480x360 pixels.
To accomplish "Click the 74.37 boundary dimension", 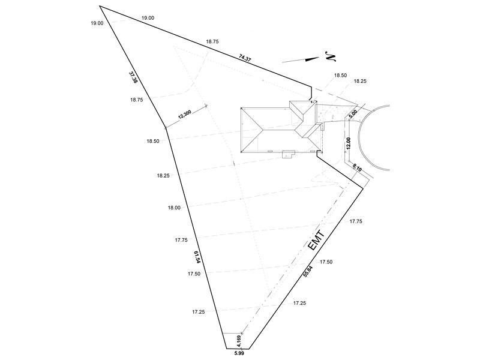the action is click(x=245, y=58).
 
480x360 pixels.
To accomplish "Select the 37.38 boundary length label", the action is click(x=133, y=77).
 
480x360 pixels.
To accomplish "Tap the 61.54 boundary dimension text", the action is click(x=197, y=257).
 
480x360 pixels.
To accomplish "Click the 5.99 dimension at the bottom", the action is click(x=239, y=353).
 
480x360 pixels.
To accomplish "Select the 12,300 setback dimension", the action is click(x=185, y=114).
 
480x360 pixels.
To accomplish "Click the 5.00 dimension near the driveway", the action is click(x=353, y=114).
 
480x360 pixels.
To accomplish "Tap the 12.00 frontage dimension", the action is click(x=348, y=143).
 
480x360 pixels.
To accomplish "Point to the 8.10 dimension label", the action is click(x=357, y=167).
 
